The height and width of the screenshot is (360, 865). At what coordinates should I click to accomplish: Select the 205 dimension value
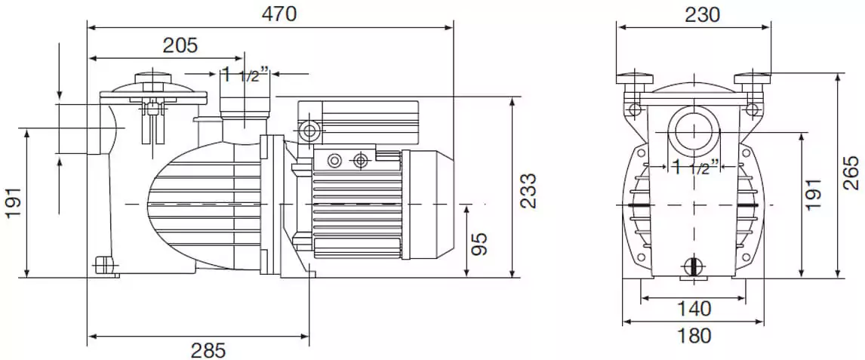point(180,46)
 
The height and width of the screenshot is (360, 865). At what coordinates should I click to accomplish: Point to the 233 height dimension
point(528,190)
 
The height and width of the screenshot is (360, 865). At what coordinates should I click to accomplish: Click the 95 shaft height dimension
point(479,243)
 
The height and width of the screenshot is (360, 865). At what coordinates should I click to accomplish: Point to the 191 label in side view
point(14,202)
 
